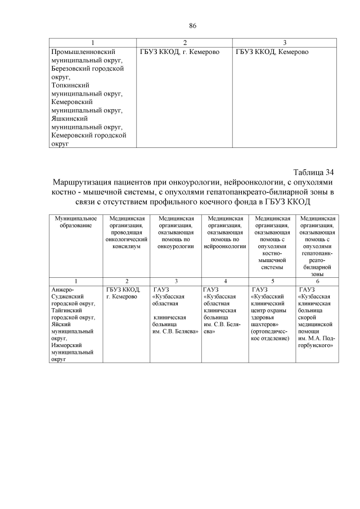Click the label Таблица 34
pos(314,172)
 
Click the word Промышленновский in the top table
pos(82,52)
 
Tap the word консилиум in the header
pos(127,245)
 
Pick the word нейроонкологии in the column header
pos(225,245)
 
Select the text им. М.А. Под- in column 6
pos(316,340)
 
